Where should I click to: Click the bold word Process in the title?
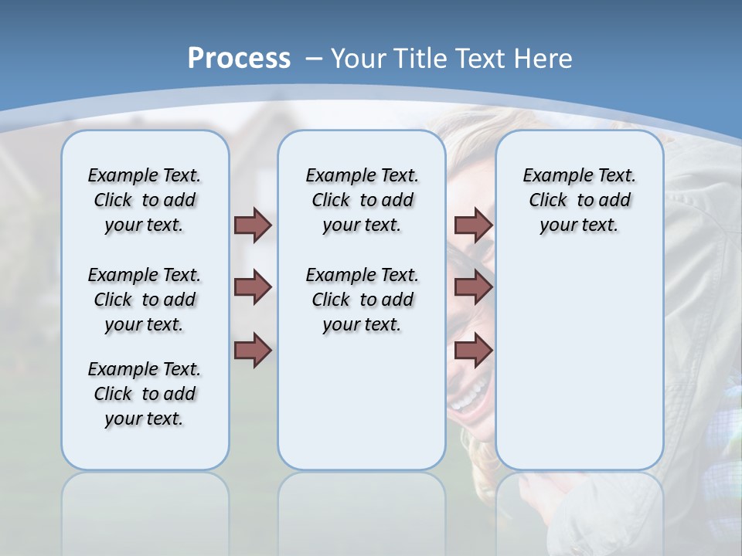239,58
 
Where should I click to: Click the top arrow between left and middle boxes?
253,225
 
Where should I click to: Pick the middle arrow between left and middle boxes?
253,287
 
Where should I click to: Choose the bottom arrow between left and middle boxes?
253,351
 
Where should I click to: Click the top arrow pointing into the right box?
473,225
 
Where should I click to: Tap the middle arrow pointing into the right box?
473,287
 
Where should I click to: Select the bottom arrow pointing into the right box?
473,351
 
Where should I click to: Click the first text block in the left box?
145,200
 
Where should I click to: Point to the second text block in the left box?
145,300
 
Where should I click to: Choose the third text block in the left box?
145,394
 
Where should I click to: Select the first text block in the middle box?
362,200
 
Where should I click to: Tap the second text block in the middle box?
362,300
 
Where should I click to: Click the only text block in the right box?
579,200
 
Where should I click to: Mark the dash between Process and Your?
314,59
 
